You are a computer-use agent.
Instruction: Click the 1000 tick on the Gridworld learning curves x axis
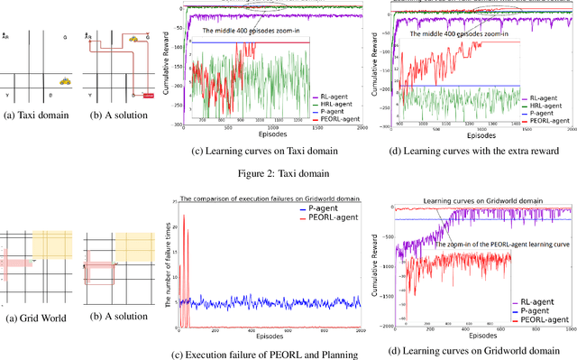click(x=569, y=331)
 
